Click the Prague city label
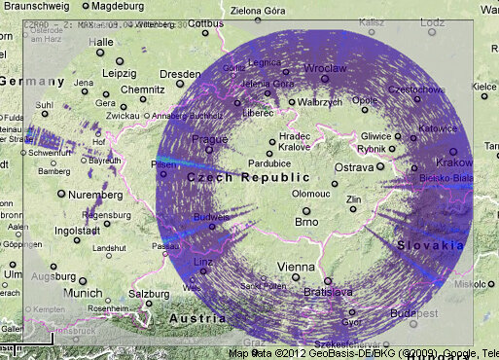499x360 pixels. coord(208,139)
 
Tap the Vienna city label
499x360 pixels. coord(297,267)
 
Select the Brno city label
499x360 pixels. coord(306,222)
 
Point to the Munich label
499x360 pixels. coord(81,293)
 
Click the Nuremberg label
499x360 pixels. coord(95,195)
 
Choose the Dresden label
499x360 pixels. coord(180,74)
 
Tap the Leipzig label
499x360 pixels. coord(120,74)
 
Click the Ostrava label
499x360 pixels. coord(353,168)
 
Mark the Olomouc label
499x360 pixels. coord(310,194)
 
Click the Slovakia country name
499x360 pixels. coord(430,245)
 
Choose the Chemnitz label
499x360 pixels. coord(142,90)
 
